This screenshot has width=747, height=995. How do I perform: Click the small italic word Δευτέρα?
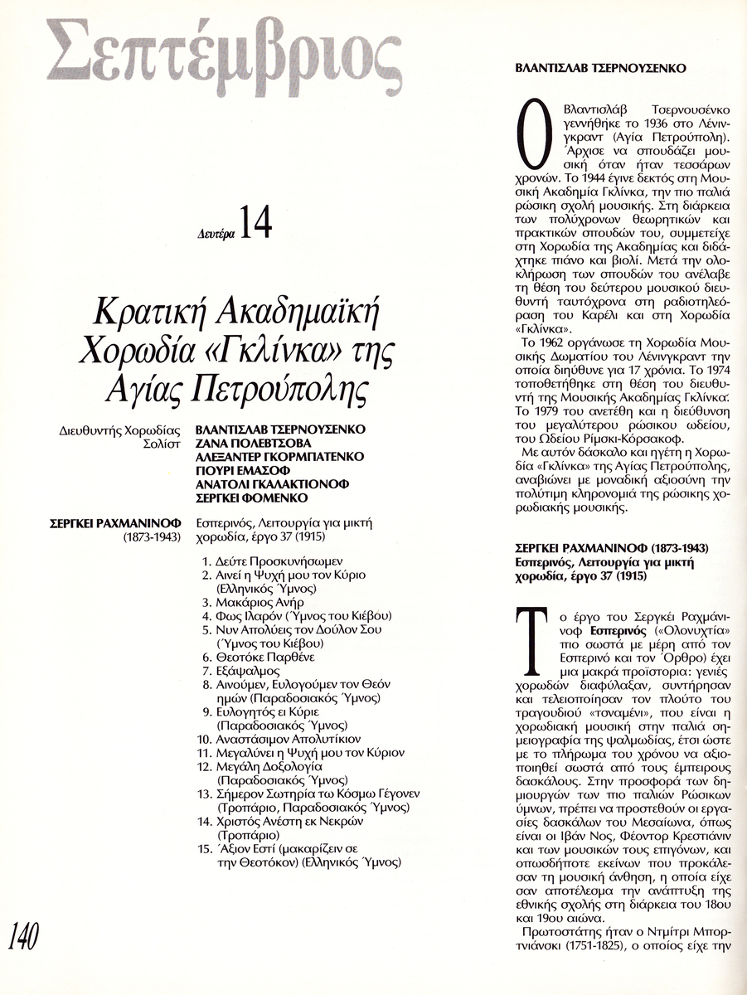[x=217, y=234]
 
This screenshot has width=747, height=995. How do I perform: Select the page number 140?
[x=24, y=938]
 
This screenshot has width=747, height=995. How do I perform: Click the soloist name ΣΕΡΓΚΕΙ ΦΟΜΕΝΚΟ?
[x=251, y=498]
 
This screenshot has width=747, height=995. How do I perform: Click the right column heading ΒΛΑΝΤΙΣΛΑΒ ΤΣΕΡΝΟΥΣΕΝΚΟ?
[x=600, y=69]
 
